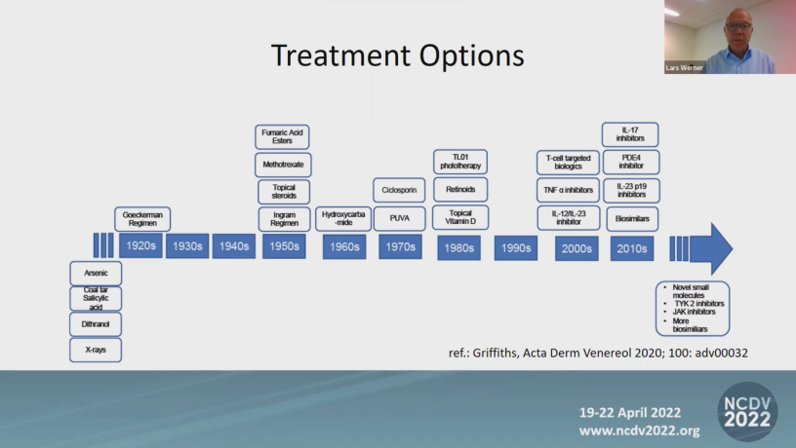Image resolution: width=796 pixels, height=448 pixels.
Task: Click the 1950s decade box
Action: (284, 246)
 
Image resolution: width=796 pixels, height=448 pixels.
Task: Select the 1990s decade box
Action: (516, 248)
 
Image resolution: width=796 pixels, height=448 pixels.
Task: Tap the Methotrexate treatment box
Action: (283, 165)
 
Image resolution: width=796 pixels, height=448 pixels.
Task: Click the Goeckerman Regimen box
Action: (142, 219)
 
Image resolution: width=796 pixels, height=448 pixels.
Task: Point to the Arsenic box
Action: (96, 273)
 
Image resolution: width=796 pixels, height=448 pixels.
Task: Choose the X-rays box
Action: (96, 350)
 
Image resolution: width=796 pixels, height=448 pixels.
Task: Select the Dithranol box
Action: (96, 324)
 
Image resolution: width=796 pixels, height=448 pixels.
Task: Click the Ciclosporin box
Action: (399, 190)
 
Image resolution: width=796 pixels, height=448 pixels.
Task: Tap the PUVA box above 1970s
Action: (400, 218)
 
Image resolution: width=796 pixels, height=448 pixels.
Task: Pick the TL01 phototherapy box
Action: (460, 162)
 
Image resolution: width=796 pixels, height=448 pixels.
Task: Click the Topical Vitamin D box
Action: (460, 217)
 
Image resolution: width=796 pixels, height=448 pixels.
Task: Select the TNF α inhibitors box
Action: (568, 190)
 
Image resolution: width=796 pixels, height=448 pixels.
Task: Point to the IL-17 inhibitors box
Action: (630, 134)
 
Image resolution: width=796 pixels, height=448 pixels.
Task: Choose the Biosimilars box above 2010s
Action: (632, 219)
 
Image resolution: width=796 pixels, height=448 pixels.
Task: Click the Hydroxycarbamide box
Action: (343, 219)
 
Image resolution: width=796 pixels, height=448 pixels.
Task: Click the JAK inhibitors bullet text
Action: (694, 312)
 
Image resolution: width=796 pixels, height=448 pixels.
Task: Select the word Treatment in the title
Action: (340, 55)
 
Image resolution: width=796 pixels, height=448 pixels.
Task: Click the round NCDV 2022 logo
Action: (747, 412)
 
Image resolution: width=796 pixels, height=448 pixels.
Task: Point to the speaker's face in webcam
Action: (738, 28)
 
